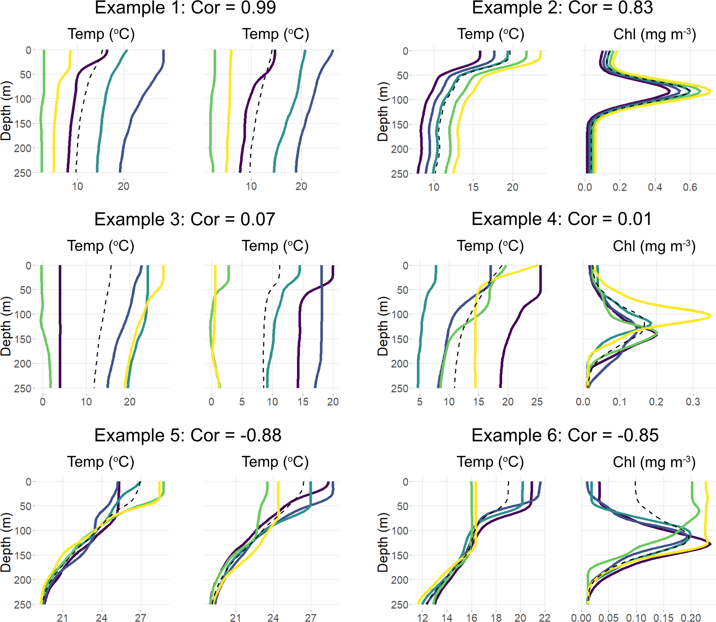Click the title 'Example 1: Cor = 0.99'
point(185,8)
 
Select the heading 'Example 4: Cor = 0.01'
point(561,219)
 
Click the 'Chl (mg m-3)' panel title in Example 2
point(654,34)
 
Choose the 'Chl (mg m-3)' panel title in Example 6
point(654,462)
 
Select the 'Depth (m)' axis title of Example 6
point(383,542)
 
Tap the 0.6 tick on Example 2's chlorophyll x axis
point(690,187)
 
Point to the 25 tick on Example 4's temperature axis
point(537,402)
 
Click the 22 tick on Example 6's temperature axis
point(544,618)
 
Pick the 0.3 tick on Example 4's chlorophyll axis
point(693,402)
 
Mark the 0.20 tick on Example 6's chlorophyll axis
point(691,618)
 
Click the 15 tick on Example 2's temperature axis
point(473,187)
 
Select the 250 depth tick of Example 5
point(23,604)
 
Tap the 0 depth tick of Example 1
point(28,50)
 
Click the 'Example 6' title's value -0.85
point(638,435)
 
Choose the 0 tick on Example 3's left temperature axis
point(43,402)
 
